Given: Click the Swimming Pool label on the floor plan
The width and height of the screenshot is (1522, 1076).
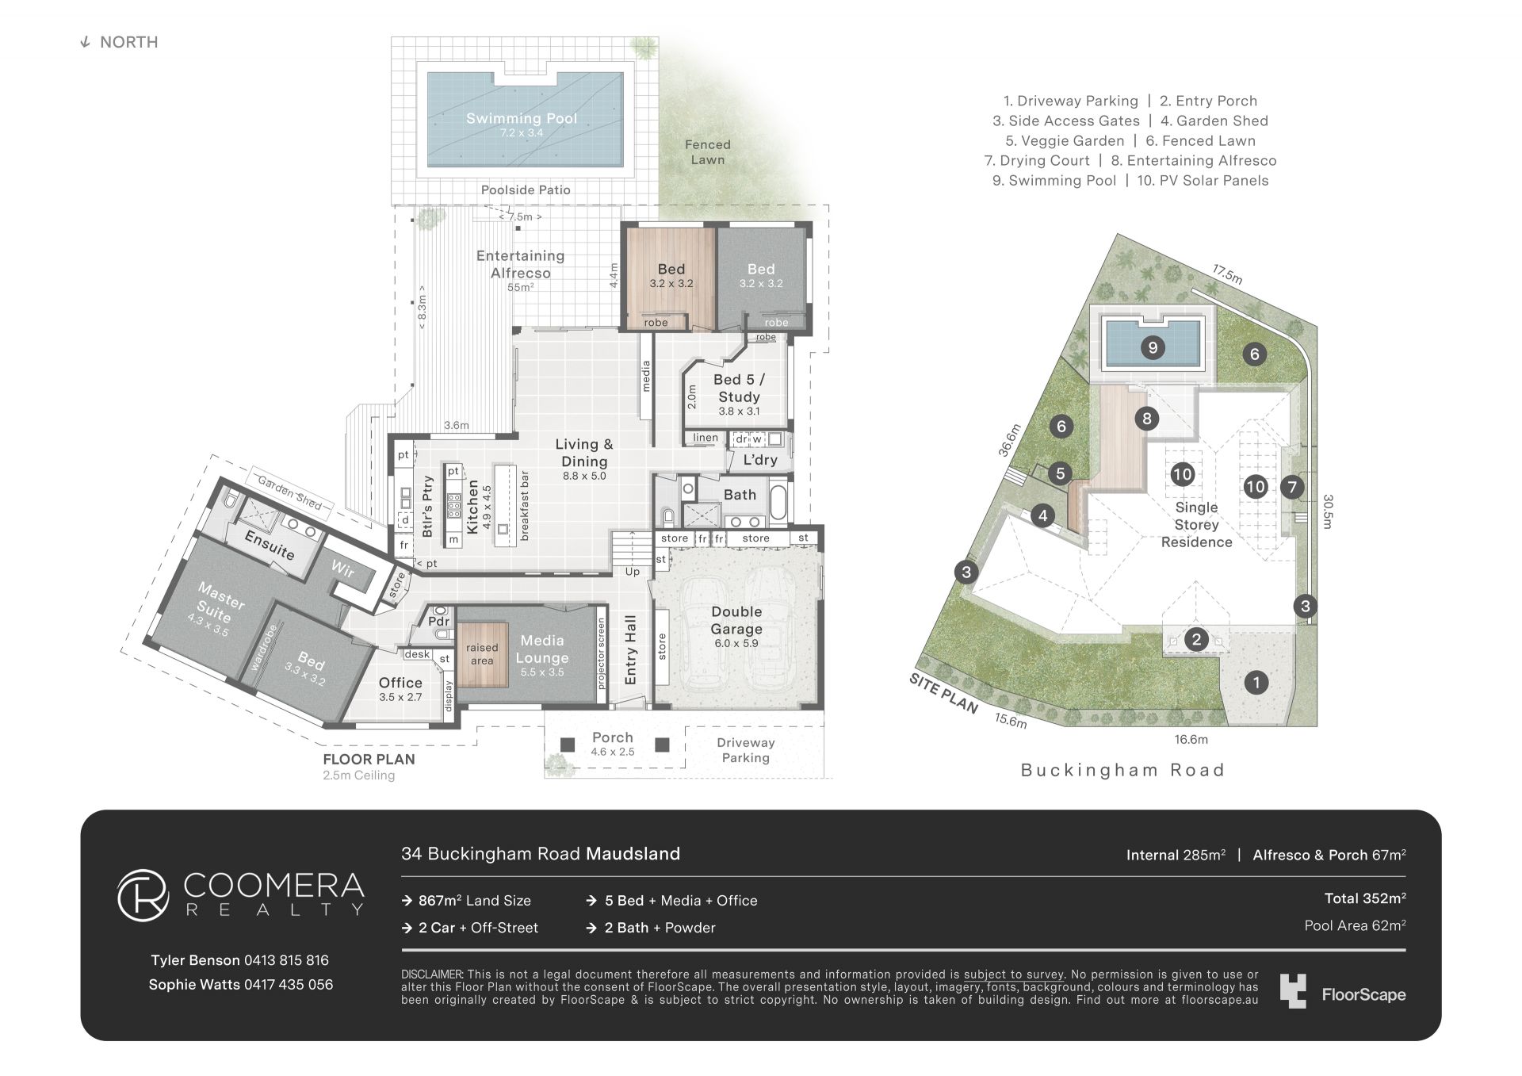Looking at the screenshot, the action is tap(522, 119).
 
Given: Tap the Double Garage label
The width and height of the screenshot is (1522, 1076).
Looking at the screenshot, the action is tap(736, 620).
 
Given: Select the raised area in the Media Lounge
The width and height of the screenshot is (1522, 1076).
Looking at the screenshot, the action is tap(482, 654).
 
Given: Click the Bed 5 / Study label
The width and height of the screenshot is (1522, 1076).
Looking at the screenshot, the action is tap(739, 389).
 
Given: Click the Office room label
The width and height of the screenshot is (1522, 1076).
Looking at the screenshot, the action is tap(400, 683).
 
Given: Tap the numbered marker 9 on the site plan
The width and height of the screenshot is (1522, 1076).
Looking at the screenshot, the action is tap(1153, 347).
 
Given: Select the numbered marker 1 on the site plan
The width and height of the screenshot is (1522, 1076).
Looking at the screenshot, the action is tap(1256, 682).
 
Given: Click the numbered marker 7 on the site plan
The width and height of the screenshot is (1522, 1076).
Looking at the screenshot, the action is tap(1292, 487).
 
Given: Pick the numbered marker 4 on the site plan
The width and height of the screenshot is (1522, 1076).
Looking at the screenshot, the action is tap(1042, 516).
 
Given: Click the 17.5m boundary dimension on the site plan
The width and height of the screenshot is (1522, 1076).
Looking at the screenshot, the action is tap(1226, 274).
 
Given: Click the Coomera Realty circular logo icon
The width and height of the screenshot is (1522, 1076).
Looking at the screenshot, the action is tap(143, 896).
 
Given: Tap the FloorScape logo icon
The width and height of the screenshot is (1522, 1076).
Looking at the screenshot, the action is tap(1292, 991).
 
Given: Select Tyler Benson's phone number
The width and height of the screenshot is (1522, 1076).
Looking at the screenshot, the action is tap(286, 960).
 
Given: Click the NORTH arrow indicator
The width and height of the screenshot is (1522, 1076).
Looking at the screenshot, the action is tap(85, 43).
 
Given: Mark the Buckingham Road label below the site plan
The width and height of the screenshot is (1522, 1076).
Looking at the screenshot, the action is tap(1122, 770).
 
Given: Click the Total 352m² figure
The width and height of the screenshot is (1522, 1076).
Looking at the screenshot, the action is tap(1365, 898).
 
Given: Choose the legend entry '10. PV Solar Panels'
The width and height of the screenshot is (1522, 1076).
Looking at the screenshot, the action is tap(1203, 181).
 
